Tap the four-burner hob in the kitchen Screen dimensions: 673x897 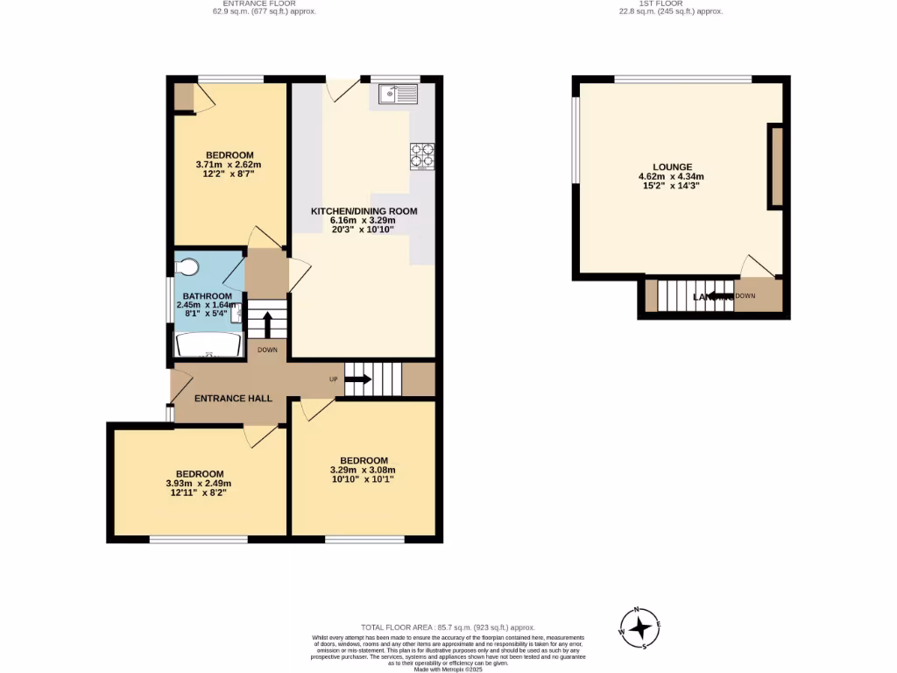click(422, 155)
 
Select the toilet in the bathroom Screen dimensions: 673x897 click(188, 266)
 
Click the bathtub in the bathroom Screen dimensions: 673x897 click(208, 345)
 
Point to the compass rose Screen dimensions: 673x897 click(641, 627)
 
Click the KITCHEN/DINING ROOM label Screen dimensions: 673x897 click(364, 211)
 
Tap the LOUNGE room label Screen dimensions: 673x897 click(672, 166)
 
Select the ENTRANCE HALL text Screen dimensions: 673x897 click(233, 398)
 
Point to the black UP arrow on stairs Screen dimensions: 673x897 click(357, 380)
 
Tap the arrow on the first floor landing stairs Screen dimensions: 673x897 click(718, 296)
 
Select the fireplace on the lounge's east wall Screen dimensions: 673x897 click(775, 166)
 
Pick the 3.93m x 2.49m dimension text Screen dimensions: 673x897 click(199, 483)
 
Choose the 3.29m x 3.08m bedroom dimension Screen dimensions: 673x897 click(364, 471)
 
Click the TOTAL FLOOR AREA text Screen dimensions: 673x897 click(448, 627)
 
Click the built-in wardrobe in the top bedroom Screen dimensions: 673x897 click(184, 97)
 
